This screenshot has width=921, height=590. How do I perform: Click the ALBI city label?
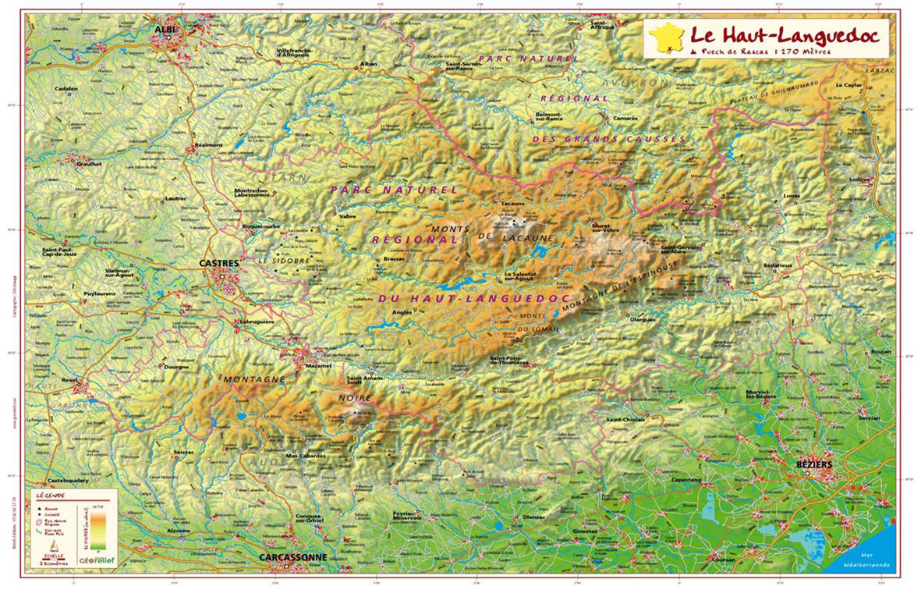pos(166,29)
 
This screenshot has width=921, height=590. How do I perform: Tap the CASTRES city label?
pos(219,264)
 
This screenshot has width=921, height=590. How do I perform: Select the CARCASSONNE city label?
pos(292,557)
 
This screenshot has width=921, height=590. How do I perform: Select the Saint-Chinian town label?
pos(623,419)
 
